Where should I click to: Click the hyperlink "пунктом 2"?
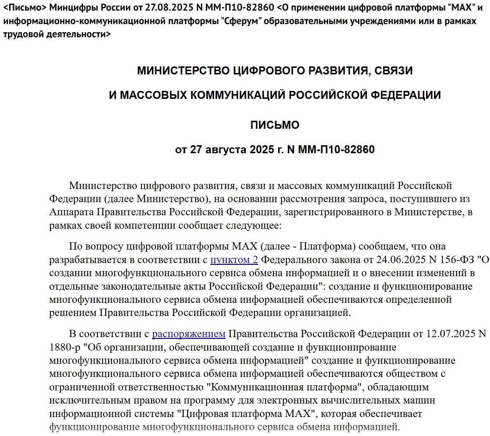point(234,259)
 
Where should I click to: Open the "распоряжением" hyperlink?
point(188,334)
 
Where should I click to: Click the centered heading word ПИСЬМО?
point(275,125)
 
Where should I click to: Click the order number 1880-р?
point(65,347)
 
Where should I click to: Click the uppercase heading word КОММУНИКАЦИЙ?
point(238,95)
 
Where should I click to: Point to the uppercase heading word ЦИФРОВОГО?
point(269,70)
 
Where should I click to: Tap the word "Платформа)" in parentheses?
point(327,246)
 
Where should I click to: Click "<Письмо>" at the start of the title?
point(25,7)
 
